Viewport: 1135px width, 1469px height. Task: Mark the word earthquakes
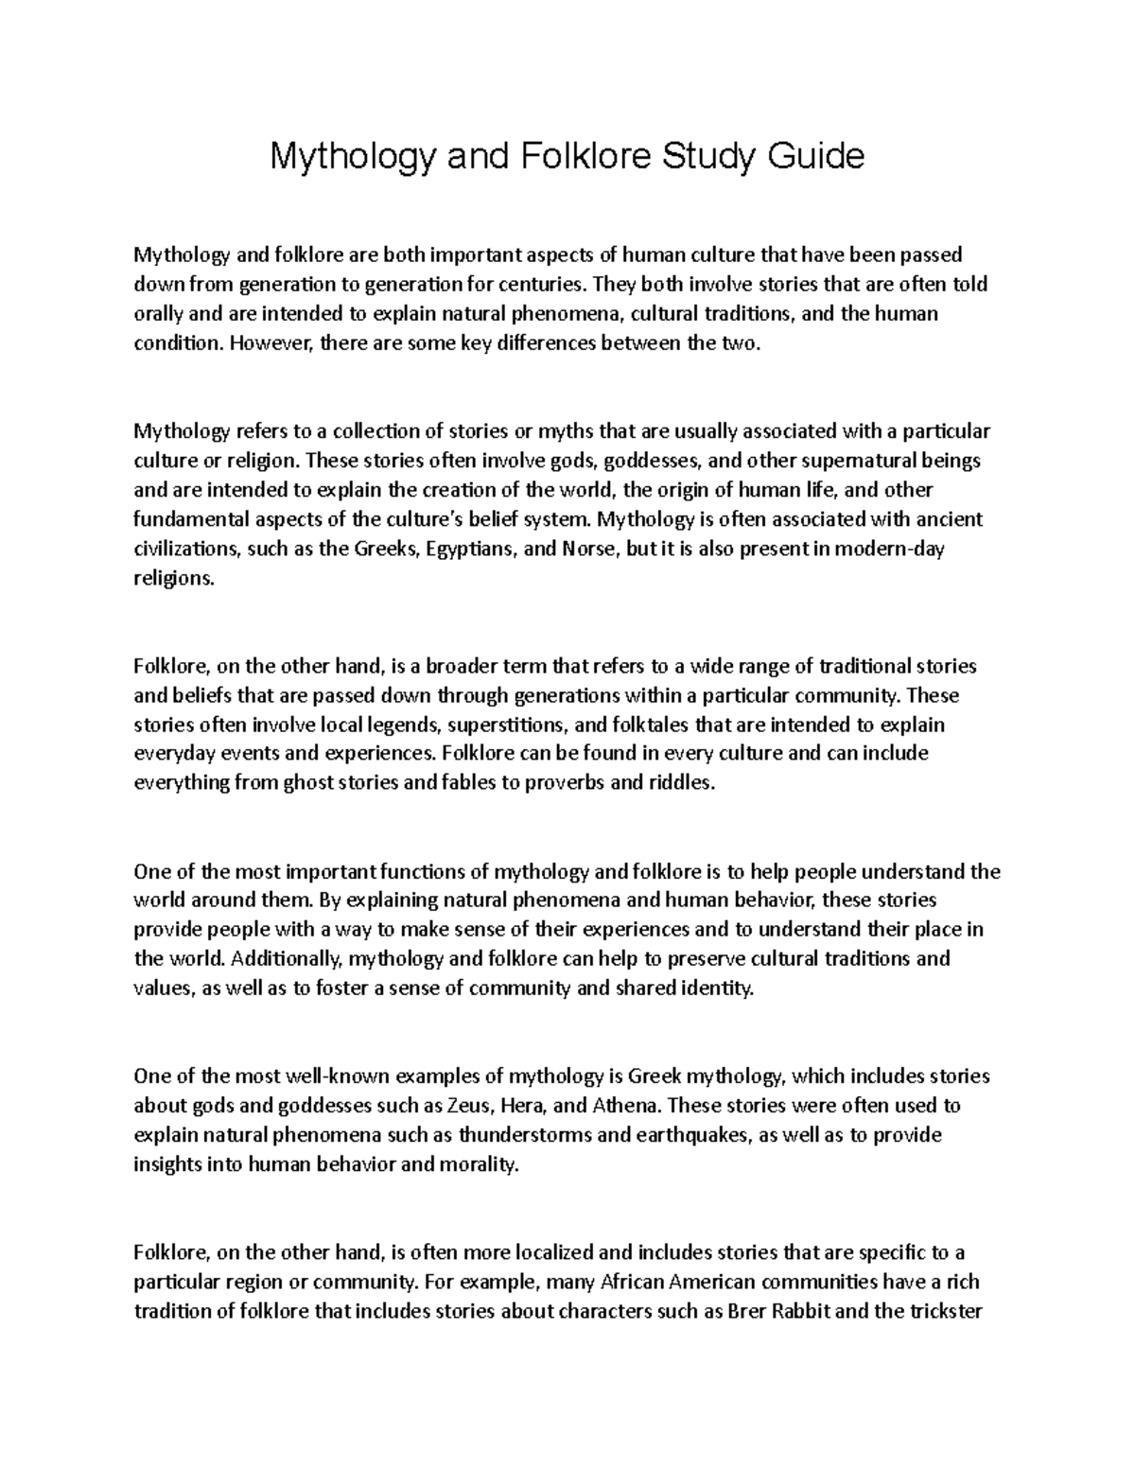point(679,1134)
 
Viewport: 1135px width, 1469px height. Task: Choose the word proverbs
point(567,783)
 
